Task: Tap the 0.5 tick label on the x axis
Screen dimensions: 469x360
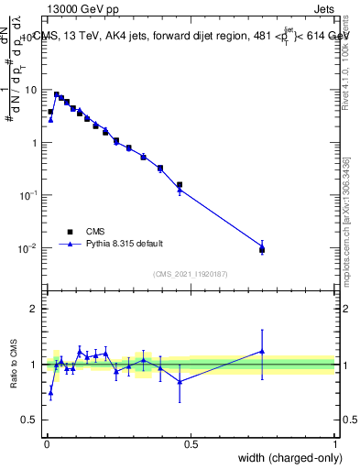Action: pyautogui.click(x=191, y=444)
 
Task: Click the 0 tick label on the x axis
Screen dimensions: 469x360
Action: pyautogui.click(x=46, y=444)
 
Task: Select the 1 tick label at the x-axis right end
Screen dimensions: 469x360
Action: pyautogui.click(x=334, y=444)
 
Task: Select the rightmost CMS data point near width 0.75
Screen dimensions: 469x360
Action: pyautogui.click(x=262, y=249)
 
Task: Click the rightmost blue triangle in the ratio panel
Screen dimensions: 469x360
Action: pyautogui.click(x=262, y=351)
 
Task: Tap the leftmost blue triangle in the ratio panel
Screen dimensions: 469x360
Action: pyautogui.click(x=50, y=392)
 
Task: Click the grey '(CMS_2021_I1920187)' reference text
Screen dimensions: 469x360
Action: pyautogui.click(x=191, y=273)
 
